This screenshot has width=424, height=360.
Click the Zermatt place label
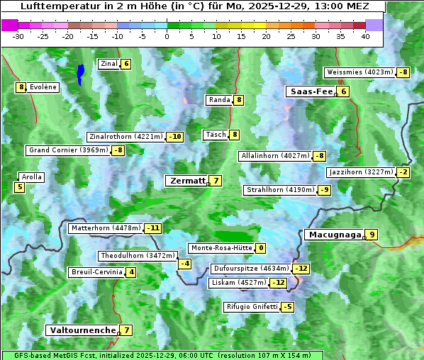point(186,181)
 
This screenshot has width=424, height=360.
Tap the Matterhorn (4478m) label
point(105,228)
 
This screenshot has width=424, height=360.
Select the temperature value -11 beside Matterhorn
point(152,228)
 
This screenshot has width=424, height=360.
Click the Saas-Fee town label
point(311,91)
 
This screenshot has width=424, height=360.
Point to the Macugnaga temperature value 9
point(372,235)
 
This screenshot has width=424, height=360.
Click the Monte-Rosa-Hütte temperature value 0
point(260,248)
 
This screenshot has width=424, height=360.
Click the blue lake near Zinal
point(80,73)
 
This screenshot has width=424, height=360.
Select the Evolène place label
point(43,87)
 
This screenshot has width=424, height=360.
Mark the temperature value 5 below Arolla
point(19,188)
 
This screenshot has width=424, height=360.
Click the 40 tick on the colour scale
point(365,35)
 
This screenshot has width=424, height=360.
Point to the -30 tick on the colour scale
point(18,35)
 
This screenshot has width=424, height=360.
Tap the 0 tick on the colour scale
point(167,35)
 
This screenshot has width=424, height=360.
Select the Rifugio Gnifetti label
point(252,307)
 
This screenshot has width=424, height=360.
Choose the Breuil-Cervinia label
point(96,272)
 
